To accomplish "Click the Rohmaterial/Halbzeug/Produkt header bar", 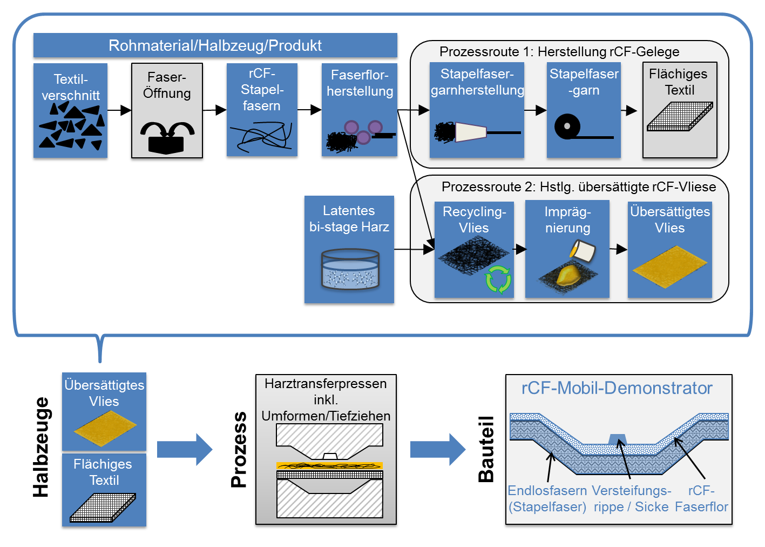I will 215,45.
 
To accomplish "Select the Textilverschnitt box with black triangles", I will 70,110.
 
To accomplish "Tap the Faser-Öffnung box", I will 167,110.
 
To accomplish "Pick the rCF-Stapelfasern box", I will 262,110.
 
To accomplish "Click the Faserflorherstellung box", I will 360,110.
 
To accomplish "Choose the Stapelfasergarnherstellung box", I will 477,110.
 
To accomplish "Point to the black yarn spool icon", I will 567,127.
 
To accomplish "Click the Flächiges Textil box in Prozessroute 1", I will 680,110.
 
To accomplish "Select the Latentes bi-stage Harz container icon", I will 350,269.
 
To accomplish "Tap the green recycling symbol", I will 498,279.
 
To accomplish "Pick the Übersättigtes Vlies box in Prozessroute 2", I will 669,249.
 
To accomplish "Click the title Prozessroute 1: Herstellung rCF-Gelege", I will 559,52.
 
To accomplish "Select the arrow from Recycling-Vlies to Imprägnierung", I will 520,249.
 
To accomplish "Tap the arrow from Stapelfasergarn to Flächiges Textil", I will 629,111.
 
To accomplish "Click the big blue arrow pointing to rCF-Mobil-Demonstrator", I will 437,449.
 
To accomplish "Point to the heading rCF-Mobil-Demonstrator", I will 617,388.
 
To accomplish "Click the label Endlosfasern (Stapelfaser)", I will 547,498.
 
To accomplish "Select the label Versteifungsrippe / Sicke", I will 631,498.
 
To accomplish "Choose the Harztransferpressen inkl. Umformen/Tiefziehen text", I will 326,399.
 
